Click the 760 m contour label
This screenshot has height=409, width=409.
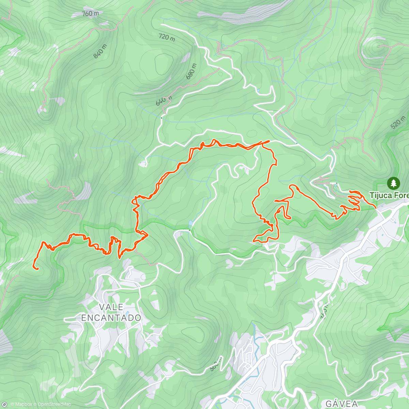click(x=91, y=14)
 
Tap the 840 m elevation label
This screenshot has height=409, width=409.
click(x=100, y=51)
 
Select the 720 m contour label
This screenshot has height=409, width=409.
click(x=167, y=37)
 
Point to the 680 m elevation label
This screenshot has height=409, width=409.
click(x=191, y=72)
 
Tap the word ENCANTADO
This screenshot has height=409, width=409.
click(x=111, y=318)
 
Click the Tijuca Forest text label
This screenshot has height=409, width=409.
click(x=389, y=195)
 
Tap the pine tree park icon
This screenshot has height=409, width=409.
click(x=394, y=183)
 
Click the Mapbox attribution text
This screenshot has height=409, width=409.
click(x=21, y=405)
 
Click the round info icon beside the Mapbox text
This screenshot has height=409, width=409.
click(x=4, y=405)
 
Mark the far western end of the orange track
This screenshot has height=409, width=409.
click(x=34, y=268)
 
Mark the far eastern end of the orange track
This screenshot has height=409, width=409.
click(x=376, y=207)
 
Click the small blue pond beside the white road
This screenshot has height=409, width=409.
click(x=190, y=224)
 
